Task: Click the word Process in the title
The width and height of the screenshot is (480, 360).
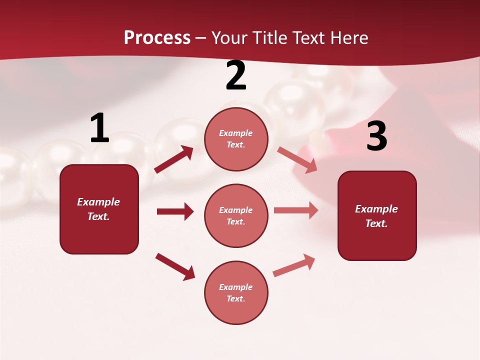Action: [157, 38]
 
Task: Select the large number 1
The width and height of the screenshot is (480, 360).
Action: [99, 128]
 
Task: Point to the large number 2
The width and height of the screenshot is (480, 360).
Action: [236, 75]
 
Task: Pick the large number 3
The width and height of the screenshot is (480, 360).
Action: [376, 136]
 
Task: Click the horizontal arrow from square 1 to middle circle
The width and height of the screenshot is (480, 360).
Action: [175, 211]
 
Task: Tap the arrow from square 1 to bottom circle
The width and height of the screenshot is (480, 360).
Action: [175, 266]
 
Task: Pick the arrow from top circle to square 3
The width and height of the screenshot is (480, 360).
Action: [297, 160]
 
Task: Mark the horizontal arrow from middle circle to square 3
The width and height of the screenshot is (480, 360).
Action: [296, 210]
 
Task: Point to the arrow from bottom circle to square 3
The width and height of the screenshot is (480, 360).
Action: [294, 265]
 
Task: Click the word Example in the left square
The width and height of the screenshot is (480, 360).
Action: [98, 202]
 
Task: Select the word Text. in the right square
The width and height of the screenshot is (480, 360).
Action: [376, 223]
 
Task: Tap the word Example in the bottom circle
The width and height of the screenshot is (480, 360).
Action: [236, 287]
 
